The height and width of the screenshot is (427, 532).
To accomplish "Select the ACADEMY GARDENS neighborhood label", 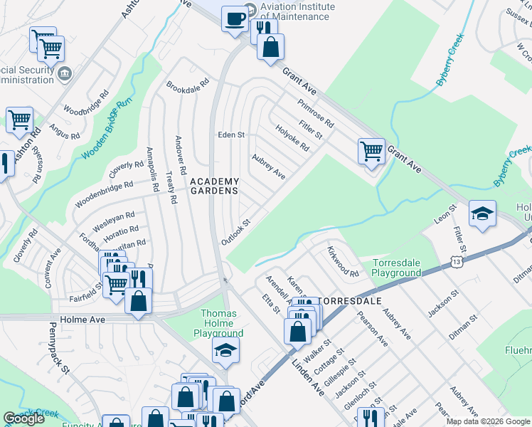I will point(214,186).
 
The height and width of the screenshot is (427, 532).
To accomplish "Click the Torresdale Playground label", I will point(397,268).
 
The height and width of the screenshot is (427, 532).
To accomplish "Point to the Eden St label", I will point(231,135).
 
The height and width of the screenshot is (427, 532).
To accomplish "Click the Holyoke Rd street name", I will point(293,137).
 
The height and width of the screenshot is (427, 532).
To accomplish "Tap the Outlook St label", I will point(236,232).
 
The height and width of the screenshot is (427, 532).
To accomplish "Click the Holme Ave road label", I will point(83,320).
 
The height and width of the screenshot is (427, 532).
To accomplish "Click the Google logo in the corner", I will point(23,419).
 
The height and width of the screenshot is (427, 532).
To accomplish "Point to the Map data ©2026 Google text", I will point(487,421).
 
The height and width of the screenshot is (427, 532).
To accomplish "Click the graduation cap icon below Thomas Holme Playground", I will point(225,350).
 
